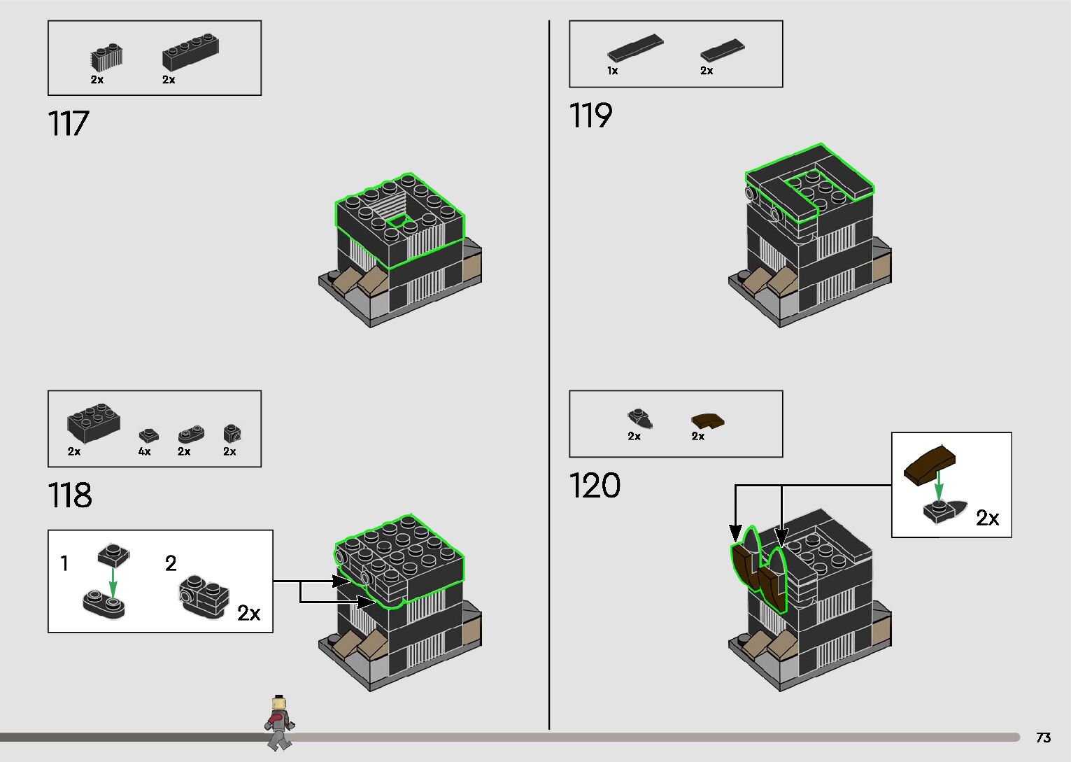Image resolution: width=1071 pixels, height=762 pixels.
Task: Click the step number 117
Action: pyautogui.click(x=69, y=124)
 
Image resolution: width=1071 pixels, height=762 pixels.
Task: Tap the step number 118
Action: pyautogui.click(x=70, y=495)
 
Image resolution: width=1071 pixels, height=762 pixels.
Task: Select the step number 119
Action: pyautogui.click(x=590, y=116)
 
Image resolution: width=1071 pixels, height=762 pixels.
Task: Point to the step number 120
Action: pyautogui.click(x=595, y=486)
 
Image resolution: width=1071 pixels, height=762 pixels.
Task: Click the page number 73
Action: pyautogui.click(x=1043, y=738)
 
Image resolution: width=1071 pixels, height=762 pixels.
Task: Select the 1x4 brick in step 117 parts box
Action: pyautogui.click(x=190, y=52)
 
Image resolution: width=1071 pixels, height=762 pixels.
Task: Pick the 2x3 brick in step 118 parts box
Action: pyautogui.click(x=94, y=423)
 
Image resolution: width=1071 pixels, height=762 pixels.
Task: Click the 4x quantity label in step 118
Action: pyautogui.click(x=144, y=452)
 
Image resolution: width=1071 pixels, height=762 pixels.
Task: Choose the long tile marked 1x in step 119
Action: pyautogui.click(x=635, y=48)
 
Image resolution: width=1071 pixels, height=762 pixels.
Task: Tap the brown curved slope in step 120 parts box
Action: pyautogui.click(x=708, y=421)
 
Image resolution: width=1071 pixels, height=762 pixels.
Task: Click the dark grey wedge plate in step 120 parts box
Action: pyautogui.click(x=639, y=418)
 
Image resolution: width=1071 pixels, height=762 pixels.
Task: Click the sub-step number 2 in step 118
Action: pyautogui.click(x=171, y=563)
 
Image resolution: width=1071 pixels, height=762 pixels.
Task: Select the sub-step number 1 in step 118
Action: pyautogui.click(x=64, y=563)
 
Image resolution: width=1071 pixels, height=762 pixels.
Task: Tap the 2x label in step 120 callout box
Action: pyautogui.click(x=987, y=518)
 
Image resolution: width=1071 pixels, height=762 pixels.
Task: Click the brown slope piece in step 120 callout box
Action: pyautogui.click(x=930, y=465)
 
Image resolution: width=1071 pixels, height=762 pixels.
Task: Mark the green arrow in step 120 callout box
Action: pyautogui.click(x=939, y=486)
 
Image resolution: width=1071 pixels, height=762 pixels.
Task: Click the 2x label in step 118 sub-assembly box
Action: pyautogui.click(x=249, y=613)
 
